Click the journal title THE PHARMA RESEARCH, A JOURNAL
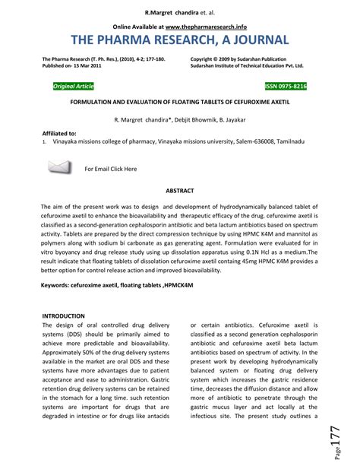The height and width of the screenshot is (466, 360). [x=179, y=40]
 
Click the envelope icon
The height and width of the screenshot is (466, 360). [x=58, y=167]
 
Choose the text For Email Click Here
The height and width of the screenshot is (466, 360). [x=110, y=169]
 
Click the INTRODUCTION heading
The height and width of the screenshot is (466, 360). [x=65, y=315]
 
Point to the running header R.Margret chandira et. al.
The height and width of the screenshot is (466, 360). [x=179, y=13]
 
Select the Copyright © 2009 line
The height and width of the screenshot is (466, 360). [x=237, y=58]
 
